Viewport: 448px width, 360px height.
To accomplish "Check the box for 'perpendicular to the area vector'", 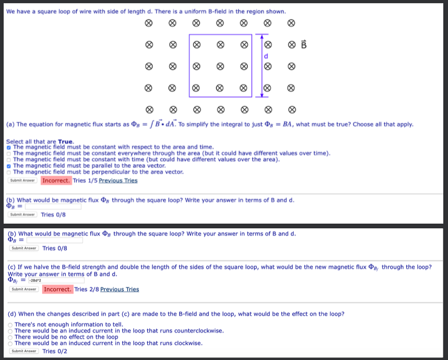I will point(9,172).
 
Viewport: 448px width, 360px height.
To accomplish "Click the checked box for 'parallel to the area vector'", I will point(9,166).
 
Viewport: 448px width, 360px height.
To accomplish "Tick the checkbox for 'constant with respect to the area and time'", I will point(9,147).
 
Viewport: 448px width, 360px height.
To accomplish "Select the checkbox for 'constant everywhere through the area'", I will point(9,154).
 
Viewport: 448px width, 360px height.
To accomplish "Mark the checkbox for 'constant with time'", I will point(9,159).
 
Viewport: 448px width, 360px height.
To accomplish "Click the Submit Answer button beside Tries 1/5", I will point(22,181).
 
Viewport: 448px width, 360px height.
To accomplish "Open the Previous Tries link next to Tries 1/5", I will point(118,181).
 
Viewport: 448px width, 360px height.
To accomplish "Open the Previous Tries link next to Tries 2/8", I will point(120,289).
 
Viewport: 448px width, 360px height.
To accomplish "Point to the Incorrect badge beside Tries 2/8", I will point(57,289).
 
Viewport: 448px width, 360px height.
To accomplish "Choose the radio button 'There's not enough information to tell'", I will point(10,324).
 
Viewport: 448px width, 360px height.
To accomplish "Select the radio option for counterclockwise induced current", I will point(10,331).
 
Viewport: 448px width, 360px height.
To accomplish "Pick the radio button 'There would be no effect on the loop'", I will point(10,337).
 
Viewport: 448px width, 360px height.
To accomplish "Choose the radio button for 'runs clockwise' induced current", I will point(10,343).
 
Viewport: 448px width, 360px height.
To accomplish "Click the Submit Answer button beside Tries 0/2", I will point(23,351).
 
